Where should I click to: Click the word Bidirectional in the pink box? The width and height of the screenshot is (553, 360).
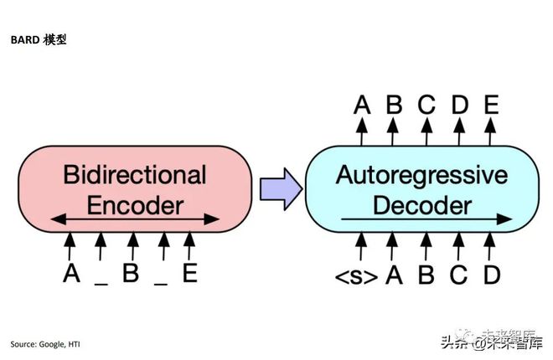(x=135, y=175)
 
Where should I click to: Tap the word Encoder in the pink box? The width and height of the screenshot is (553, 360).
(x=135, y=204)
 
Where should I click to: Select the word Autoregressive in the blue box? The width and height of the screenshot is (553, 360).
(x=421, y=175)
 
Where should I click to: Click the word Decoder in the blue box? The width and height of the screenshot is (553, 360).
(x=421, y=204)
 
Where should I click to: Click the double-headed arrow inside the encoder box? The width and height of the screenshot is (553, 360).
(x=134, y=220)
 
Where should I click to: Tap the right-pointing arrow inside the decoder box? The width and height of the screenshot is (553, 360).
(x=427, y=220)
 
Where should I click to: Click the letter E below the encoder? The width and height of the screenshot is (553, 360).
(x=190, y=274)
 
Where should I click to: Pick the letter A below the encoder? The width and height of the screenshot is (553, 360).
(x=71, y=274)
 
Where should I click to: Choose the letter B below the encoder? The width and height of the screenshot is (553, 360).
(x=131, y=274)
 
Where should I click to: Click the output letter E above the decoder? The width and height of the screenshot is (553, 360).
(x=491, y=105)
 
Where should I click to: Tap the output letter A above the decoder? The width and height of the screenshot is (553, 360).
(x=362, y=105)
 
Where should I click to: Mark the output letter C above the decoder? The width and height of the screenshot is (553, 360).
(x=426, y=105)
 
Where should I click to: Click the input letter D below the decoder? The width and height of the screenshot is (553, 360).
(x=491, y=274)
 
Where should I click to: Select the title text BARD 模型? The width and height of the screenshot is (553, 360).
(x=39, y=39)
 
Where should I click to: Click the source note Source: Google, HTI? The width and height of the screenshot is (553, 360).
(x=46, y=344)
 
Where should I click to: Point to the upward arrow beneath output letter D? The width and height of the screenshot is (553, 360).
(x=458, y=130)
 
